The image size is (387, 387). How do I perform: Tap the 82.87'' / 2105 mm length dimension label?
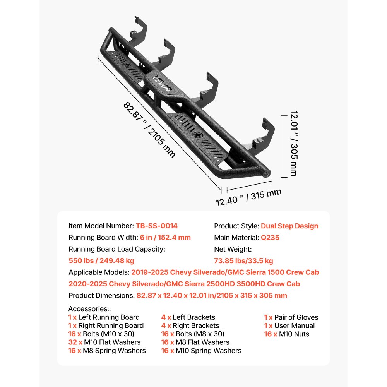coord(149,129)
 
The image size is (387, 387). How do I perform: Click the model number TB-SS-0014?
coord(157,226)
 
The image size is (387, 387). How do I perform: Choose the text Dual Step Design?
coord(289,226)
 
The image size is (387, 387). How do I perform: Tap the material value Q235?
coord(270,238)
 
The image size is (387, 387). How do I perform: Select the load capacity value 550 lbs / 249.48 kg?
coord(101,261)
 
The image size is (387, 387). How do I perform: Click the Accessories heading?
coord(89,309)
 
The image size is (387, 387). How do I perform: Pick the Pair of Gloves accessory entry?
coord(296,317)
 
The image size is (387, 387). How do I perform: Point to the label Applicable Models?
coord(99,272)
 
